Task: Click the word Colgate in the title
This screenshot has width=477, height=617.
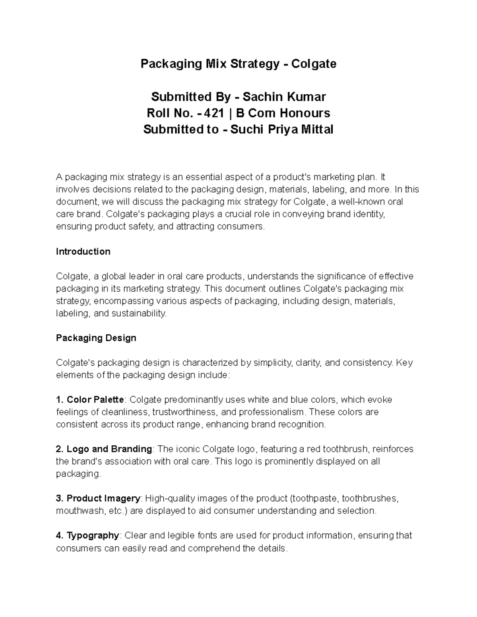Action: pos(314,64)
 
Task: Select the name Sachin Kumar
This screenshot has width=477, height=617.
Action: pos(284,97)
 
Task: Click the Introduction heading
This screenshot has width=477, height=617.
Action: pos(83,251)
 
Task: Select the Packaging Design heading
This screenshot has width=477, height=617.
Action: pos(96,338)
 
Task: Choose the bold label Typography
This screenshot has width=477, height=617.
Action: pos(93,536)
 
